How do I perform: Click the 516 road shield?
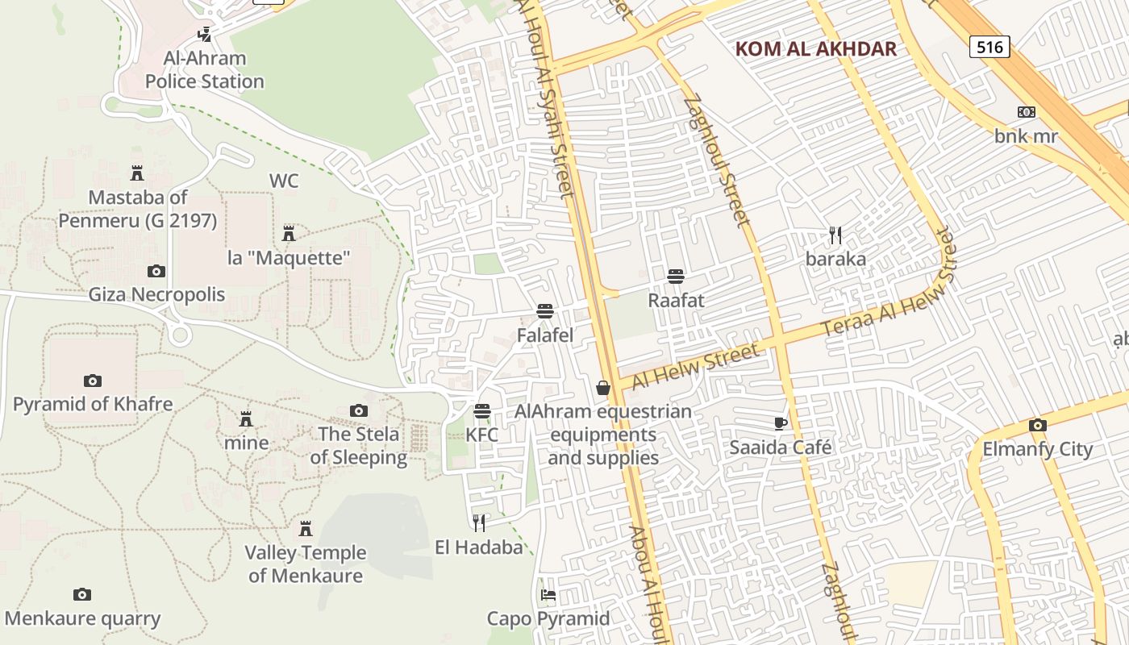coord(989,47)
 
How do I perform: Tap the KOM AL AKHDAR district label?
coord(815,49)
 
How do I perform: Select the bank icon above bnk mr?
coord(1026,112)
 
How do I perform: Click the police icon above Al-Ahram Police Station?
coord(205,35)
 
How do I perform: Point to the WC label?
coord(284,181)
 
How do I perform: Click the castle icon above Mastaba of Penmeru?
coord(137,173)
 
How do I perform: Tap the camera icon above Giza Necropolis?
coord(156,271)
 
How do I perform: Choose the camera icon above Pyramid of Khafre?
coord(93,381)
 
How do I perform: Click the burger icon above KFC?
coord(482,412)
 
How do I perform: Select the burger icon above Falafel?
coord(545,312)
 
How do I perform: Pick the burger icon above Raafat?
coord(676,277)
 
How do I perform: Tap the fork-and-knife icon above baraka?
coord(835,235)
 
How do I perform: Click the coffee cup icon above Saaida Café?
coord(780,423)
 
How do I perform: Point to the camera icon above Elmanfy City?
coord(1037,426)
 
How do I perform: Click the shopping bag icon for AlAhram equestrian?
coord(602,389)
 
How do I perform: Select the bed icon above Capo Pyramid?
coord(548,596)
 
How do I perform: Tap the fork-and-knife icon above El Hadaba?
coord(479,523)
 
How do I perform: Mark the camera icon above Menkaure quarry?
coord(82,595)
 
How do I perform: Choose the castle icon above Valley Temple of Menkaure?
coord(306,529)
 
